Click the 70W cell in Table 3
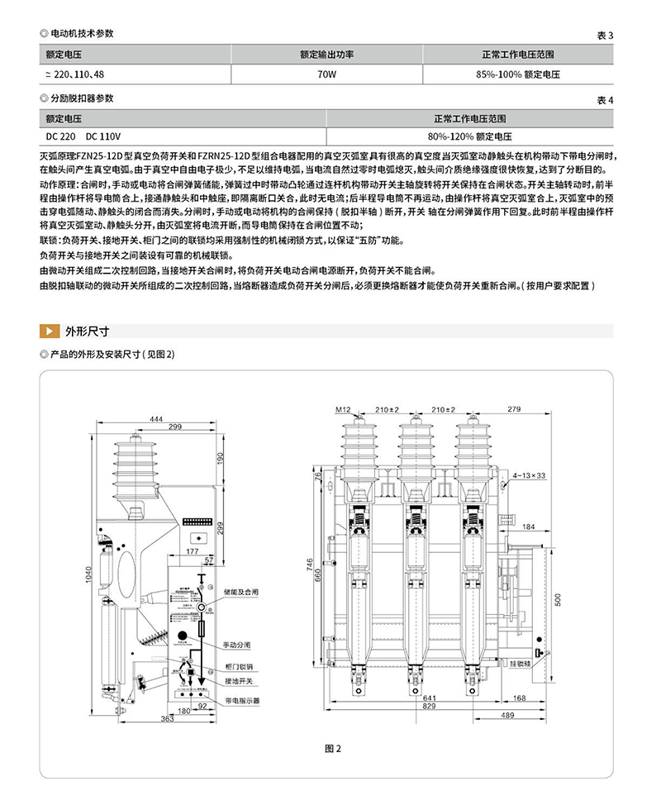(x=326, y=74)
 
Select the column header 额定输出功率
(x=326, y=55)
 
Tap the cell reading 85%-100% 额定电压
(x=518, y=74)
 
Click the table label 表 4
(x=606, y=100)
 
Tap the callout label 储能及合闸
(x=241, y=593)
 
